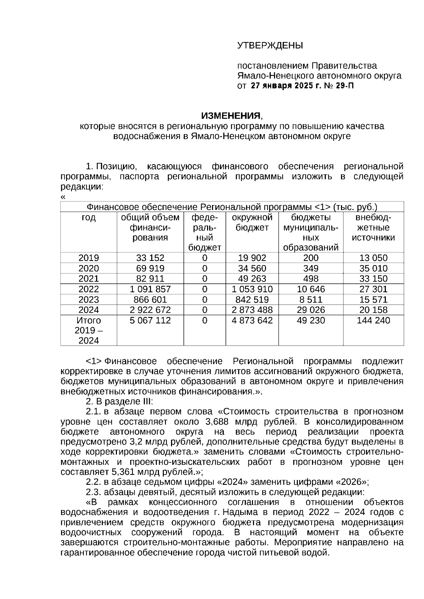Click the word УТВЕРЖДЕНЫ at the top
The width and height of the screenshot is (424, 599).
(270, 46)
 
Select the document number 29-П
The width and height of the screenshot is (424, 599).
(344, 86)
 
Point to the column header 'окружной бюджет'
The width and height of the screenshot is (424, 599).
(252, 222)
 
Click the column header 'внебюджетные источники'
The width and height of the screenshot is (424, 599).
(373, 227)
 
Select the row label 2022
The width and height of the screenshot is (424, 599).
(89, 289)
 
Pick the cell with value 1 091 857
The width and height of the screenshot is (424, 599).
(150, 289)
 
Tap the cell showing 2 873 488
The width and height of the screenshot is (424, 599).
(252, 310)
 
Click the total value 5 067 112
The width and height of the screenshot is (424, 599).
(150, 321)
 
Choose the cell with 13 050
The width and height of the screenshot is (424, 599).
(373, 258)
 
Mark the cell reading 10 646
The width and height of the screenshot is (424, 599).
(311, 289)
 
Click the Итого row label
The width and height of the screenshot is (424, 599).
(89, 321)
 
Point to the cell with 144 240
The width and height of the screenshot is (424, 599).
(373, 321)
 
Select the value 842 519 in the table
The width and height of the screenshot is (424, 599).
(252, 300)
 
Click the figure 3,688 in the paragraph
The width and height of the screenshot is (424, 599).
(217, 421)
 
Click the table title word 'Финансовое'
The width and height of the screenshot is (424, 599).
(112, 207)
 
